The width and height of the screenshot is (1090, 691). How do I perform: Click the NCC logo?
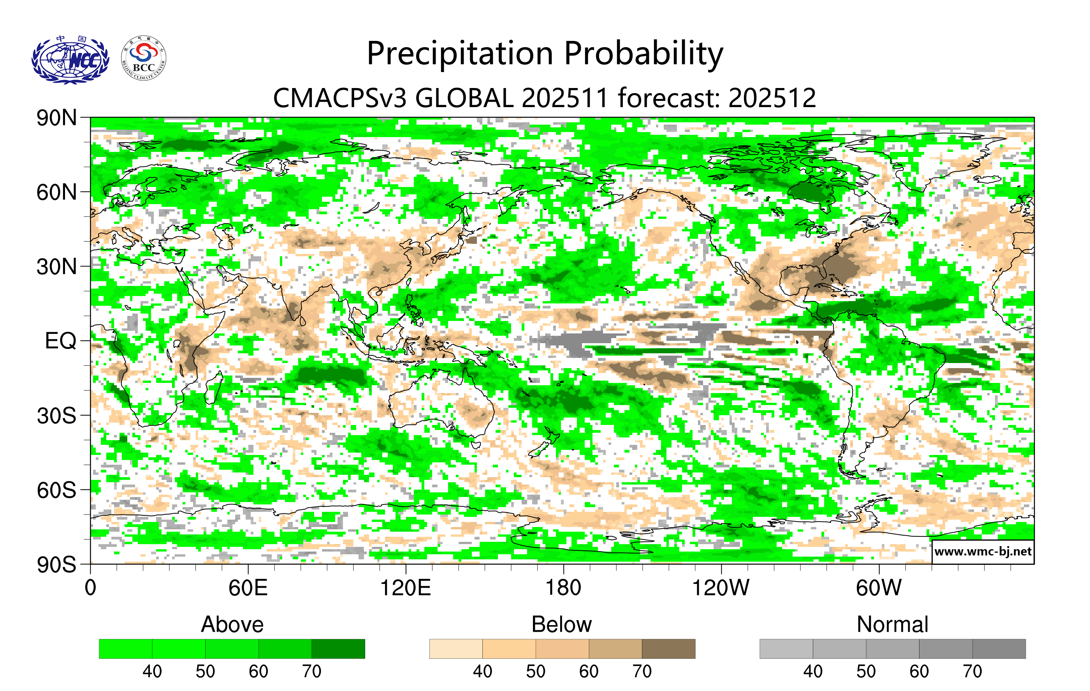click(70, 59)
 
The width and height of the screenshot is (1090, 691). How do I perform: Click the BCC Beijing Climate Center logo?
click(144, 58)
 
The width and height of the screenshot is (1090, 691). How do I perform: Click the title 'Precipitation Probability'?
click(545, 53)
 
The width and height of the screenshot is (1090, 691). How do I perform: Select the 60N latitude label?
click(56, 192)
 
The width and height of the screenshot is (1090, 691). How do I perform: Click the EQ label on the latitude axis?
click(61, 341)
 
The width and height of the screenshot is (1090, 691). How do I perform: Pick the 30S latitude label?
click(56, 416)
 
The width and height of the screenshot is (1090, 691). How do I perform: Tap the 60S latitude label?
click(56, 490)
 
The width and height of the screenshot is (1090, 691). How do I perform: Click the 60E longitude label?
click(248, 588)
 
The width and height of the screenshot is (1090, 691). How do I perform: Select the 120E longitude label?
click(406, 588)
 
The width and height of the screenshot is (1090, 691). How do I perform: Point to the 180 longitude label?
click(563, 588)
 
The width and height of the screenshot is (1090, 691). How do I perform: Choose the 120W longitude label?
click(721, 588)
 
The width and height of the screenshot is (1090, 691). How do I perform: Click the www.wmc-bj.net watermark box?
click(983, 552)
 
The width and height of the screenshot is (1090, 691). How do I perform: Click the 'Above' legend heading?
click(232, 624)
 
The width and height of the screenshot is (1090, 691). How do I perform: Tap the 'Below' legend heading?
click(562, 624)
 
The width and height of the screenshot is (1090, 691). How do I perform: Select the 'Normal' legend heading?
click(892, 624)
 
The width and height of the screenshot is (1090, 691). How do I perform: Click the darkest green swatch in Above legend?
click(338, 649)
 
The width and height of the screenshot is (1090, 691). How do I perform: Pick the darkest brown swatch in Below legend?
click(668, 649)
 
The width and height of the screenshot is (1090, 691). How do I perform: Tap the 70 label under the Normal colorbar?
click(972, 671)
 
